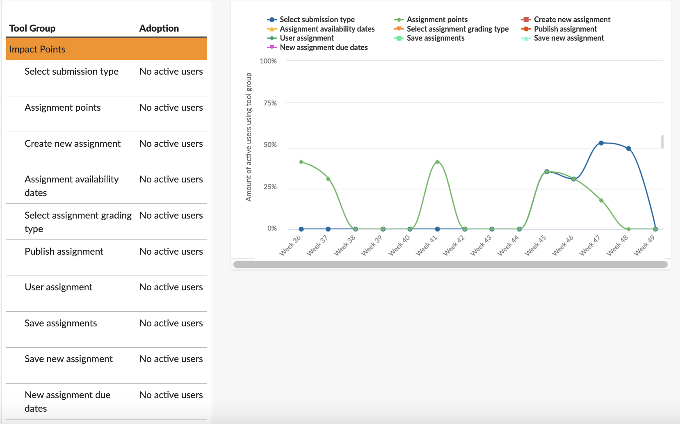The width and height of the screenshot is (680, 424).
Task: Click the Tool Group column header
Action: [x=32, y=28]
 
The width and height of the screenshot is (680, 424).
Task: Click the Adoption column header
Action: [x=159, y=28]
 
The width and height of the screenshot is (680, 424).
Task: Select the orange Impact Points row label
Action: [x=37, y=49]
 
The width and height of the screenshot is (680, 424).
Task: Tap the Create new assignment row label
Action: [x=73, y=144]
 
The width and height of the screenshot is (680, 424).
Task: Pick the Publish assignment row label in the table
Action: [x=64, y=251]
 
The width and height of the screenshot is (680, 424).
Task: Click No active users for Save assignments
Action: [x=171, y=323]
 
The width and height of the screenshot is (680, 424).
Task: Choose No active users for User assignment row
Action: [x=171, y=287]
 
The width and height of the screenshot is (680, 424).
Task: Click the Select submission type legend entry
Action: [x=317, y=19]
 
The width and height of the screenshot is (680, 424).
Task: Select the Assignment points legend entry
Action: [x=437, y=19]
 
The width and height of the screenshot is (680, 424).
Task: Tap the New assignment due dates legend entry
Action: [x=323, y=47]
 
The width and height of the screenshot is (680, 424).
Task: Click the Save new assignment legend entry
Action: [x=568, y=38]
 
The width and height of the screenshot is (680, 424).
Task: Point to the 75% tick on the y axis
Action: [x=270, y=103]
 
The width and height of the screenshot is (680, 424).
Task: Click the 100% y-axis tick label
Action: [x=268, y=61]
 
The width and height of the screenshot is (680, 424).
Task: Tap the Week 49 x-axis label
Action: [x=644, y=245]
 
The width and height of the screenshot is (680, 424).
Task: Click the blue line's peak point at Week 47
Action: [x=601, y=143]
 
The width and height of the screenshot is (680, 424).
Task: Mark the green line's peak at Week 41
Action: [x=437, y=162]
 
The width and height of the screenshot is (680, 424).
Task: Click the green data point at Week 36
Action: [x=301, y=162]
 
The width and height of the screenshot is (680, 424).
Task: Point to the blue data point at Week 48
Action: [x=628, y=148]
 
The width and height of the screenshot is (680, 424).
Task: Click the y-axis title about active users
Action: [x=249, y=137]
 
